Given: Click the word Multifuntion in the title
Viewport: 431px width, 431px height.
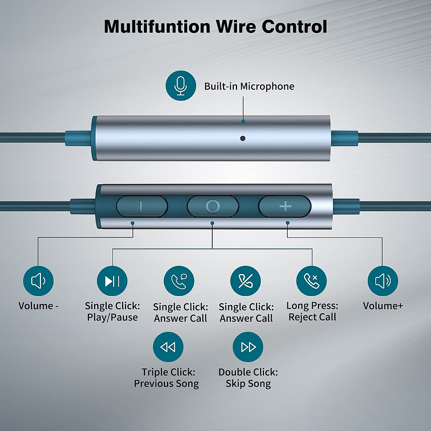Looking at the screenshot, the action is pos(157,27).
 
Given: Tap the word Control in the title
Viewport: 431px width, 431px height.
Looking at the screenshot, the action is pos(295,27).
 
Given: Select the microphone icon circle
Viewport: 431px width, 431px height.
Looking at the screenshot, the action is pos(181,86).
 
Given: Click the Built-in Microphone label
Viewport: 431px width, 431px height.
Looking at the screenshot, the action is pos(249,86).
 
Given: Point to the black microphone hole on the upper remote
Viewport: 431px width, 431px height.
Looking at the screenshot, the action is pos(243,138).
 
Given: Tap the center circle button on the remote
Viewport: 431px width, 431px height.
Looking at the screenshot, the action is pos(213,206).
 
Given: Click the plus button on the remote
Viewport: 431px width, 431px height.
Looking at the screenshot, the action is pos(285,206).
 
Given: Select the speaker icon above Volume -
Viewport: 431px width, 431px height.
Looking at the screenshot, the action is pos(38,281).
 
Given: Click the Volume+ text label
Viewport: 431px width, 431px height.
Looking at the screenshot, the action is pos(383,306).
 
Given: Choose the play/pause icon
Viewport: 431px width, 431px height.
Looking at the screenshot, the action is pos(112,281).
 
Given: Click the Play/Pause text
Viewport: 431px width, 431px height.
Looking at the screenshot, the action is pos(112,318).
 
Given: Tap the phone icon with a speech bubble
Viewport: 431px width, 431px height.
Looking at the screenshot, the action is pos(179,281).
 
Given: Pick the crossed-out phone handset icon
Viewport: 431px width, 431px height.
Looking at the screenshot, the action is pos(246,281).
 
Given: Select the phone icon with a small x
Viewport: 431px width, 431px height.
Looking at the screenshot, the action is pos(311,281).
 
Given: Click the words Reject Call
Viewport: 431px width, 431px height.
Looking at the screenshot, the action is pos(312,317).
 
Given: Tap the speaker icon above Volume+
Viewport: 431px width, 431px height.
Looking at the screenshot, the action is pos(383,281).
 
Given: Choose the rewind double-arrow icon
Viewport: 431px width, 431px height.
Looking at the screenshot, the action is pos(168,347).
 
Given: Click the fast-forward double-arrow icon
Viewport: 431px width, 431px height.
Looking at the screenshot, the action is pos(248,347).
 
